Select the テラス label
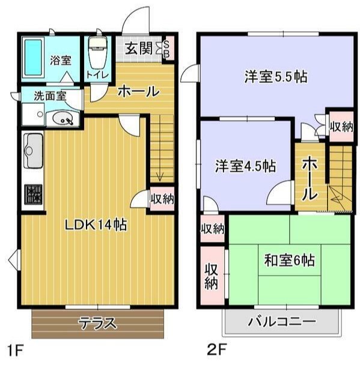tap(97, 323)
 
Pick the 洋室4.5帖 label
tap(245, 166)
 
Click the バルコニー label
tap(281, 322)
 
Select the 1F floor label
tap(15, 349)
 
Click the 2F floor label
tap(218, 349)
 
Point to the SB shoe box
tap(168, 48)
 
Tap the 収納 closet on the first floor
tap(161, 198)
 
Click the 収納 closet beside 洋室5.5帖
tap(341, 126)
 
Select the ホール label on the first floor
tap(138, 92)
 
